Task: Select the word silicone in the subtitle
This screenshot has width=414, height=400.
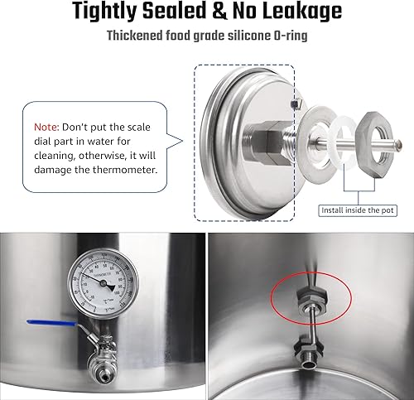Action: (235, 36)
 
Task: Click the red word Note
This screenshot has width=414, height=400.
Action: (47, 129)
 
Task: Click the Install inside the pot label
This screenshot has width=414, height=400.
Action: (358, 210)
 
